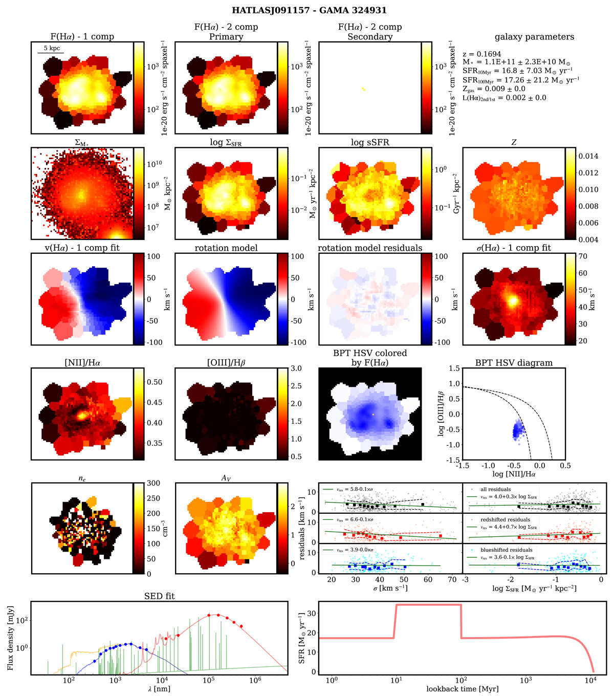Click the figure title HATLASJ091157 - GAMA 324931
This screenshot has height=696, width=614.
[x=307, y=10]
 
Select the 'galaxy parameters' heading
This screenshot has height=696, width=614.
[x=534, y=37]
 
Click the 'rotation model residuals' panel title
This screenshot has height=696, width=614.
[x=370, y=248]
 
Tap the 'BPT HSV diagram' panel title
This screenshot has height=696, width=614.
[x=513, y=363]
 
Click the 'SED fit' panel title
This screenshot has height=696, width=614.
[x=160, y=596]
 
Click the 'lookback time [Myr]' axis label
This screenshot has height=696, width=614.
[x=462, y=689]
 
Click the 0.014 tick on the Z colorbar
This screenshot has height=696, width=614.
[x=588, y=156]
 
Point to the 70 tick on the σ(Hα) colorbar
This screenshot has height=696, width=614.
[x=583, y=256]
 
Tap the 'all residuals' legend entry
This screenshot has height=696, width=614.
[x=495, y=489]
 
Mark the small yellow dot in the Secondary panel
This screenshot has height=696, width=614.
[x=363, y=90]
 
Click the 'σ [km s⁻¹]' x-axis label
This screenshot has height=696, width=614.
[x=390, y=588]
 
